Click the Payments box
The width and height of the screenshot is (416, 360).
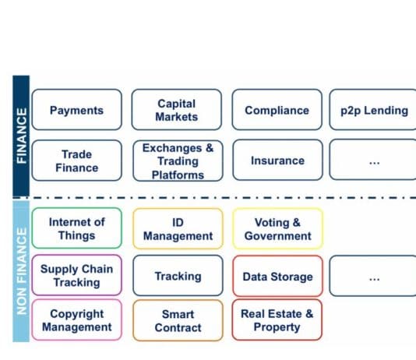[76, 110]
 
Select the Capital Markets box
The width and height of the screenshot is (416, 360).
[176, 110]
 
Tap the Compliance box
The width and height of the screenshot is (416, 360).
[277, 110]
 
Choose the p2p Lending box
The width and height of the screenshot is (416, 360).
[372, 110]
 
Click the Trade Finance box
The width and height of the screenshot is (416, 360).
[76, 161]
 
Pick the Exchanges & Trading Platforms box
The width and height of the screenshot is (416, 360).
[178, 161]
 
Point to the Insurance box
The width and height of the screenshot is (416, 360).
[278, 160]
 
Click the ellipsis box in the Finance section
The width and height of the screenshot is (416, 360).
[372, 160]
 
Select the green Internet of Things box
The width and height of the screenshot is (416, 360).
[76, 228]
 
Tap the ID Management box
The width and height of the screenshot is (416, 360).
[178, 228]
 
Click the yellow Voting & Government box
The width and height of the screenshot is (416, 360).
[278, 228]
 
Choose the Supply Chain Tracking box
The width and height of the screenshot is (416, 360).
[76, 275]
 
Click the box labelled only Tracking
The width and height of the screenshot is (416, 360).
[178, 276]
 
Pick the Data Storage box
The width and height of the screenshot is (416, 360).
[278, 276]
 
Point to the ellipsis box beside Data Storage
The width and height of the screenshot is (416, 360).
[372, 276]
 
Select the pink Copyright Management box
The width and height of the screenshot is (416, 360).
[76, 319]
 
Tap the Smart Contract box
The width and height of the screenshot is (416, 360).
[178, 320]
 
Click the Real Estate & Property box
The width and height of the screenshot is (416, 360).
[277, 319]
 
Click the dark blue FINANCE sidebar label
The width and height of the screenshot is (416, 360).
[21, 136]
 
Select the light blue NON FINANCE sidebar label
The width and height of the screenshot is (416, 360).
[21, 271]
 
